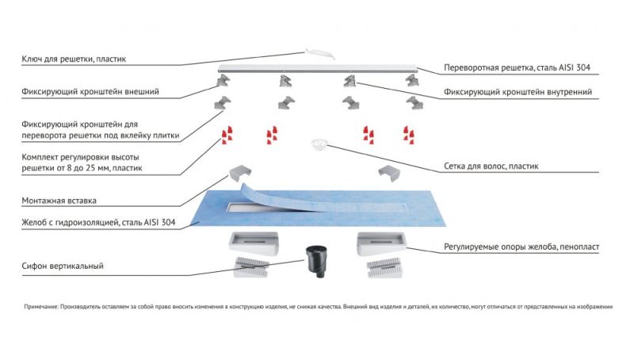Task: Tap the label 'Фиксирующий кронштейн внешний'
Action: tap(91, 92)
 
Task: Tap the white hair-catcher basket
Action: tap(318, 144)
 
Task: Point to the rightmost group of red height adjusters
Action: tap(411, 132)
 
